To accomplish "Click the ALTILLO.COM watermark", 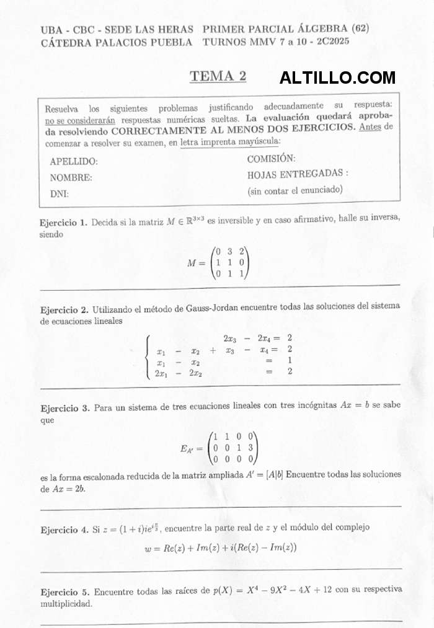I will point(337,78).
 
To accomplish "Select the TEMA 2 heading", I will point(218,76).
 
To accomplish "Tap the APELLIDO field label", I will point(74,161).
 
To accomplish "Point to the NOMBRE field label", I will point(71,177).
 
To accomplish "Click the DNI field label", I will point(60,193).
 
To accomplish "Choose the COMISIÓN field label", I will point(271,159).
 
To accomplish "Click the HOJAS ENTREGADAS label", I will point(298,174).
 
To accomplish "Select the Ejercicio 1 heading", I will point(64,222).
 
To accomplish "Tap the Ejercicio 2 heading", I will point(64,309).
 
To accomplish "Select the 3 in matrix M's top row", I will point(229,252).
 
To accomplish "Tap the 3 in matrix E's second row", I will point(250,448).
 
